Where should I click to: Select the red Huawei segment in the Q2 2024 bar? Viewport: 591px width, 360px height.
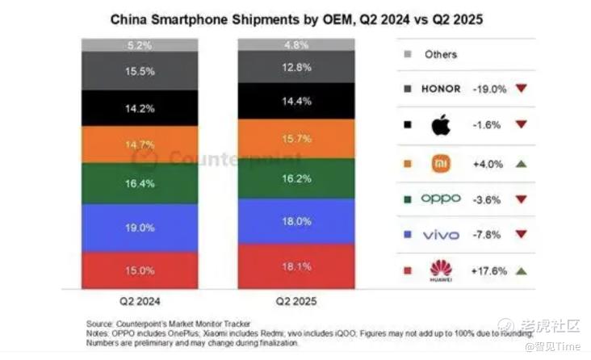(140, 270)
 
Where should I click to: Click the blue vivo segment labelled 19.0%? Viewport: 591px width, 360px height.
(140, 228)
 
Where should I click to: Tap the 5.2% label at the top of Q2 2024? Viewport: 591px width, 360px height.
(140, 45)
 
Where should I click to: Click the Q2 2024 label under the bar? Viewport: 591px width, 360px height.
(140, 305)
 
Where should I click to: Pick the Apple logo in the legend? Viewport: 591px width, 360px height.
(440, 125)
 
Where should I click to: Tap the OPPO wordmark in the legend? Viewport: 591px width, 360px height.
(440, 199)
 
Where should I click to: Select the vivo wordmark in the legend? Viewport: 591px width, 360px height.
(440, 235)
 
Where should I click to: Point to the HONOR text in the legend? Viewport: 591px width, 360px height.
(441, 89)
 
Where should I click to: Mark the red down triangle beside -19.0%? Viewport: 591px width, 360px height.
(522, 89)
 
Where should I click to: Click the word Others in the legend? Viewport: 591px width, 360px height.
(440, 54)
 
